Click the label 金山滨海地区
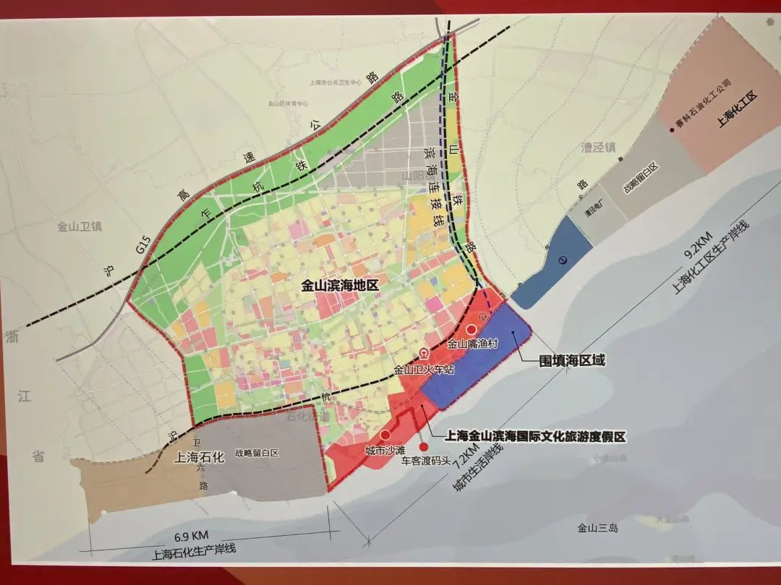pos(340,286)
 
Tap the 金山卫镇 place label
pos(80,227)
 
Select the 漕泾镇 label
pos(598,148)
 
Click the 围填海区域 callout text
pos(571,360)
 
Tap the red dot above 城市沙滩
pos(385,435)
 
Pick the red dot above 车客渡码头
pos(424,446)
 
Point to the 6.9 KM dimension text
pos(191,535)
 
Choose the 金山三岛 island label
pos(594,528)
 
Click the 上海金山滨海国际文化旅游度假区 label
pos(534,436)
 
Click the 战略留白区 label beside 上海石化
pos(257,454)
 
